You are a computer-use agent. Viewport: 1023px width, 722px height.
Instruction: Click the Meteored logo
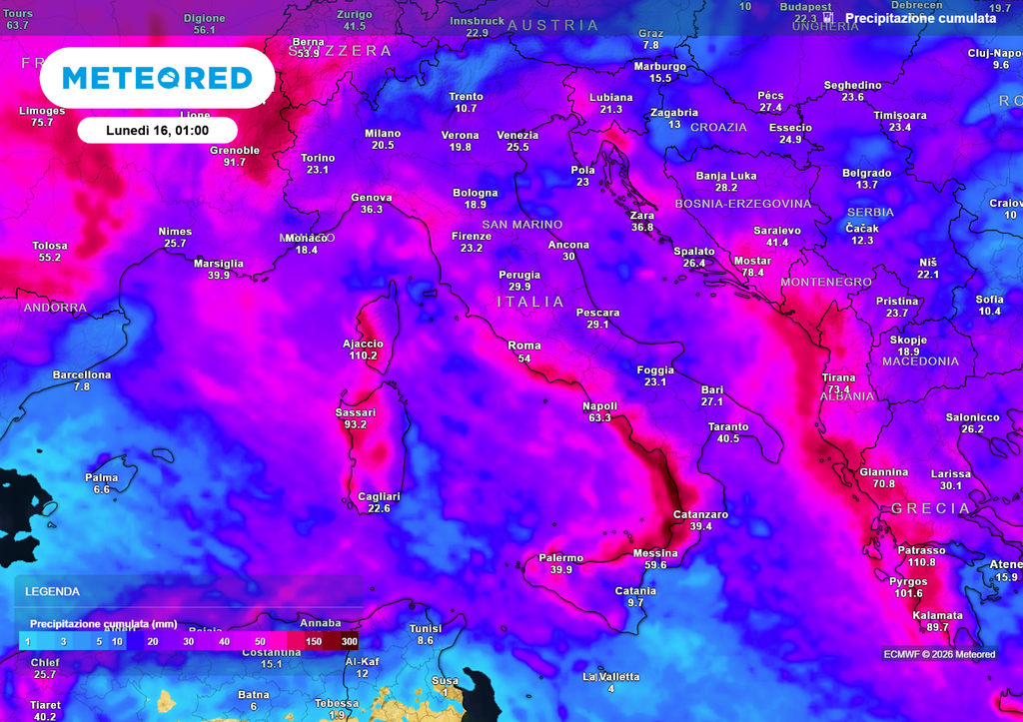click(157, 78)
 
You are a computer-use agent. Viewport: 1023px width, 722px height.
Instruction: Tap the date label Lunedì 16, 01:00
click(157, 130)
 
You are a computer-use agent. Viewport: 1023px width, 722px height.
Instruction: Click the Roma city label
click(524, 346)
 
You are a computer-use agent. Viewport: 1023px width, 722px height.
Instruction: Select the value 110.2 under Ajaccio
click(363, 356)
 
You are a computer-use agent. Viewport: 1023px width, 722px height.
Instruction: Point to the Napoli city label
click(599, 405)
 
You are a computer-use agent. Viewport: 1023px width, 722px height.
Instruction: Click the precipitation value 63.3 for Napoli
click(599, 417)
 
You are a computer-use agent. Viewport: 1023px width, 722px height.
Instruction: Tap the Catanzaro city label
click(700, 514)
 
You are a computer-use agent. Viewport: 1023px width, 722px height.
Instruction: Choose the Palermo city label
click(560, 558)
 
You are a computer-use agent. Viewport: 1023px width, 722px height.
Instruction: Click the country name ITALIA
click(530, 302)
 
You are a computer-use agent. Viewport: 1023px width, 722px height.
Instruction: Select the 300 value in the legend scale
click(349, 641)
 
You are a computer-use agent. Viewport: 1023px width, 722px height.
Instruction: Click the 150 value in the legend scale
click(313, 641)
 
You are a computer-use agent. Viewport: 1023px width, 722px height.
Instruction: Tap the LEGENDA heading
click(52, 591)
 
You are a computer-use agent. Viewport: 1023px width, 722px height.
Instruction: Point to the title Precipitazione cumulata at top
click(920, 18)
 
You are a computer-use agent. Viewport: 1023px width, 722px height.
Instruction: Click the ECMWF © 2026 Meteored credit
click(939, 654)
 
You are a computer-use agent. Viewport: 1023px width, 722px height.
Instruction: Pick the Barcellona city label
click(82, 375)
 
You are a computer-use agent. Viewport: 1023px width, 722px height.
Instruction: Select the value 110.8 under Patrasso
click(921, 562)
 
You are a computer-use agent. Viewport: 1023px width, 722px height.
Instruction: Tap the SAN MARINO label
click(521, 225)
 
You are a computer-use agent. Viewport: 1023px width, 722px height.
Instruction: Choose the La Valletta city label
click(610, 677)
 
